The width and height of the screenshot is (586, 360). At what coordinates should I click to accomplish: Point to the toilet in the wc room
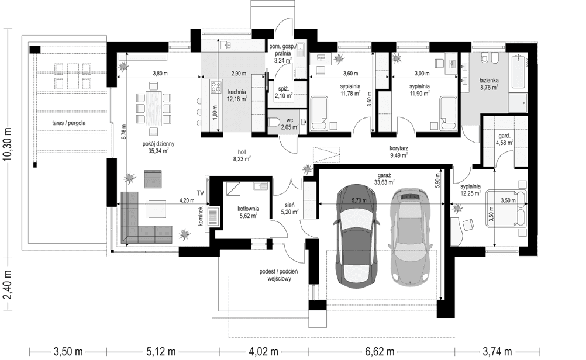277,122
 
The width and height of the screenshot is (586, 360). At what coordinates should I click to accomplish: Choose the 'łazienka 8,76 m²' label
488,84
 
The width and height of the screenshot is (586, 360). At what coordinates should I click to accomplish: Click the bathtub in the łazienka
519,72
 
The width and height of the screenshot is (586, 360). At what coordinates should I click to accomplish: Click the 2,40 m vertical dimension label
7,286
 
